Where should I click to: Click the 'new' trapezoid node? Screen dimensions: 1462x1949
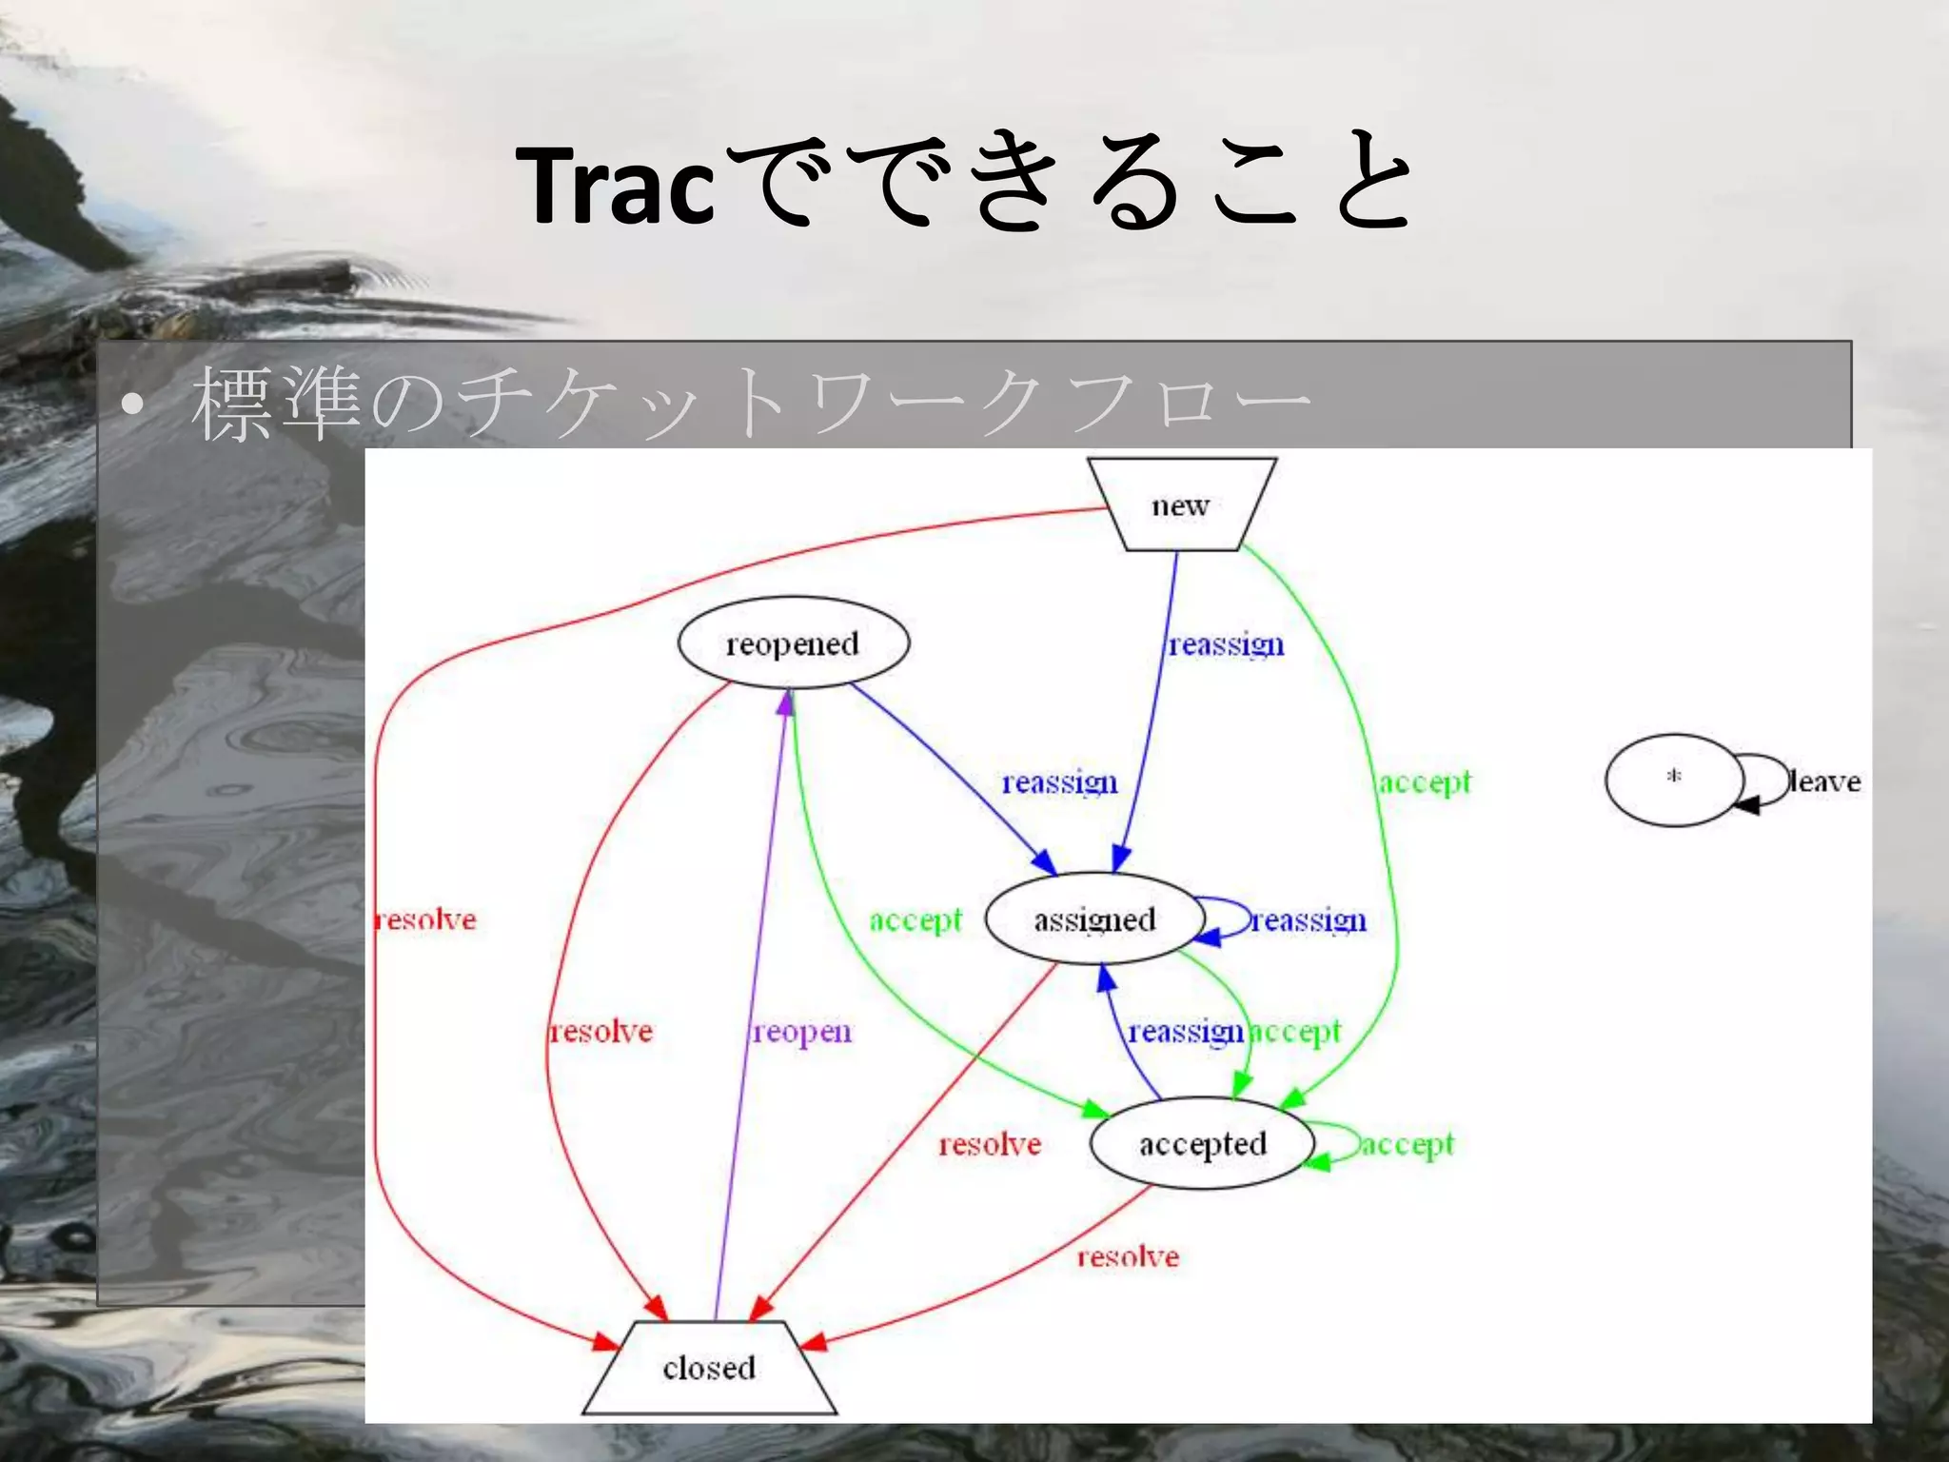[x=1180, y=505]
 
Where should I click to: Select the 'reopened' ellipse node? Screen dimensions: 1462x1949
[x=793, y=643]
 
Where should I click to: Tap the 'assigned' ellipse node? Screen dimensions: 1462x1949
[x=1094, y=919]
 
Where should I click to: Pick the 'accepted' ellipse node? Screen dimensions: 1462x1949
[x=1202, y=1144]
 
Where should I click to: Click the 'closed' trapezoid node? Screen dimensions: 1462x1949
[x=709, y=1369]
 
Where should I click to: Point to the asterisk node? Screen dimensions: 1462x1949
[x=1674, y=780]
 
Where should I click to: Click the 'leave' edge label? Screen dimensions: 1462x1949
[x=1823, y=781]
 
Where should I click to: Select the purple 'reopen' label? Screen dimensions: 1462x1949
[x=801, y=1032]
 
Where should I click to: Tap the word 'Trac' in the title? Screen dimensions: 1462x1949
[x=614, y=186]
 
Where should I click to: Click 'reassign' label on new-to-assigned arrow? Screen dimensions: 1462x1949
[x=1226, y=645]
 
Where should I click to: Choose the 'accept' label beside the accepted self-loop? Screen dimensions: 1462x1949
[x=1407, y=1144]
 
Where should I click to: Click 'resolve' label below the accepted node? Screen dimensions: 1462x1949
[x=1128, y=1257]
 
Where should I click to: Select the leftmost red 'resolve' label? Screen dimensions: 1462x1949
[x=425, y=919]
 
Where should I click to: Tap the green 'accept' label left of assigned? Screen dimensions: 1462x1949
[x=915, y=920]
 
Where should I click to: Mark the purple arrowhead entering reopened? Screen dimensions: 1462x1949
[x=786, y=701]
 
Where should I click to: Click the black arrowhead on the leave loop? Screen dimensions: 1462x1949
[x=1745, y=805]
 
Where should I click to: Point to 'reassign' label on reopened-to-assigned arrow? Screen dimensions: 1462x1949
[x=1059, y=782]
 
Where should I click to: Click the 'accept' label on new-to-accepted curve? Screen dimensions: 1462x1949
[x=1425, y=782]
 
